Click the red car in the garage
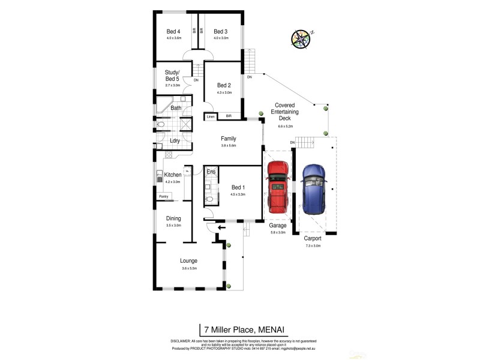click(278, 187)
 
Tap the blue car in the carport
click(314, 189)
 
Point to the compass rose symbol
click(301, 38)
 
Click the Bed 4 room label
click(174, 32)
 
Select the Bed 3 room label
click(220, 32)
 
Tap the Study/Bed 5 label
click(172, 76)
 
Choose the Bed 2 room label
click(224, 85)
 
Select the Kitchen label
click(173, 175)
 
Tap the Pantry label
click(163, 196)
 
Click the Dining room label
click(173, 218)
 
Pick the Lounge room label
click(189, 261)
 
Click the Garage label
click(278, 226)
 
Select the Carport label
click(313, 238)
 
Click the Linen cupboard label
click(211, 116)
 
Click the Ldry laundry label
click(175, 141)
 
